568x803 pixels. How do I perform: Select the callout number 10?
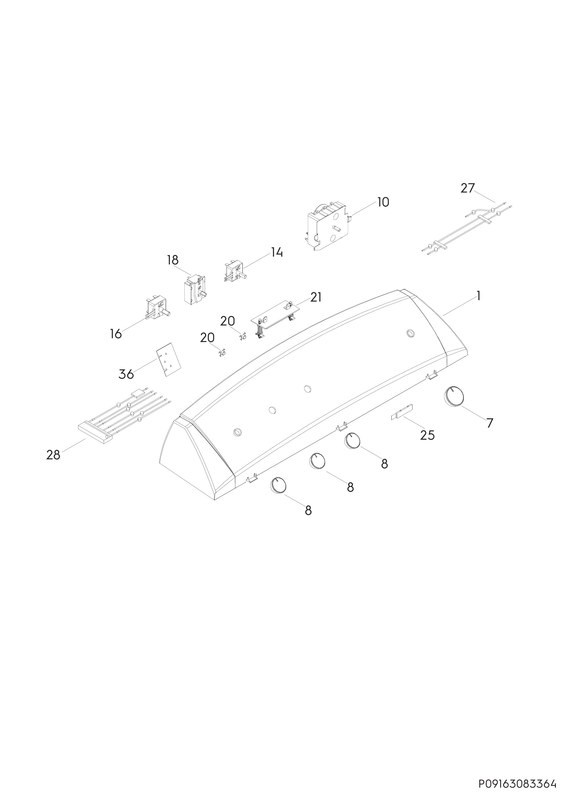coord(383,202)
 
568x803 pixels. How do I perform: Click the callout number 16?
coord(115,334)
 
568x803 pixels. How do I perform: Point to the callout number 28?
coord(53,455)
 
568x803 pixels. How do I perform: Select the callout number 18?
coord(173,260)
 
